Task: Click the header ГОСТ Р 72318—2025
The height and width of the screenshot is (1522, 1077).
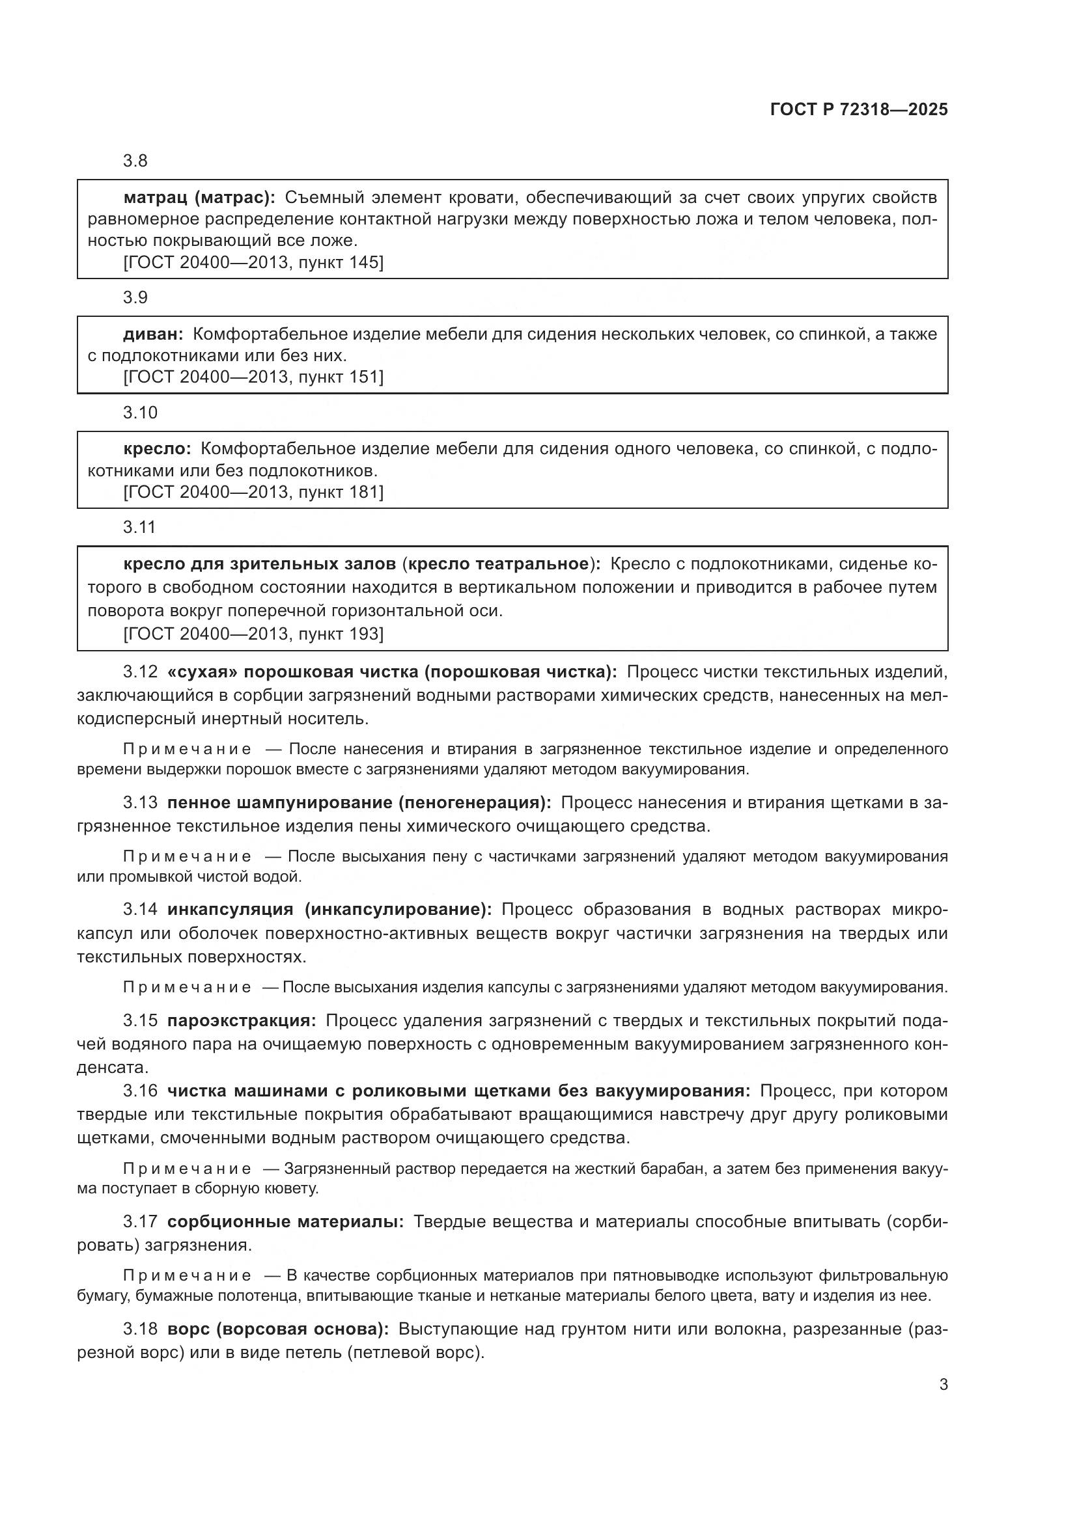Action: pos(859,110)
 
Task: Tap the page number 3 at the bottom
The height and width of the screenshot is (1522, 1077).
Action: pos(943,1385)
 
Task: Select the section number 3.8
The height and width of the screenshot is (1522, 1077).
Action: pos(135,161)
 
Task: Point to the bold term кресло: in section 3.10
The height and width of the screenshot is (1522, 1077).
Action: pos(157,449)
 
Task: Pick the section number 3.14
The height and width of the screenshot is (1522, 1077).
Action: pos(140,910)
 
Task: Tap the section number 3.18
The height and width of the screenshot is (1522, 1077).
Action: pos(140,1329)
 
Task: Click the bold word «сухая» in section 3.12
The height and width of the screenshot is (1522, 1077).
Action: pos(203,672)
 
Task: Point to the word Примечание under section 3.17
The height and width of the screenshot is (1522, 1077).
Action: pos(187,1276)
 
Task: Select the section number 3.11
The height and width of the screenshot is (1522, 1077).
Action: pos(139,528)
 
